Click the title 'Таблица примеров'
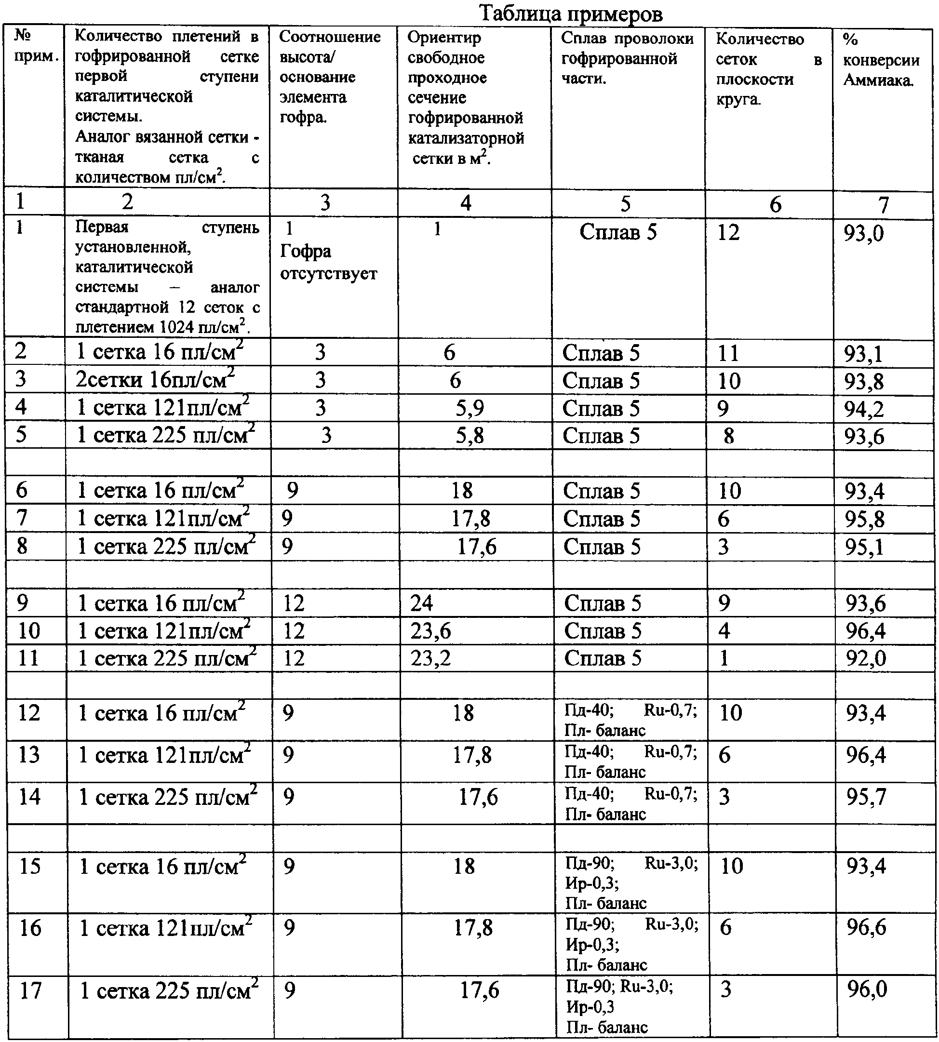point(571,13)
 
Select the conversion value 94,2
point(864,409)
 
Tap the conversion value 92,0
point(865,658)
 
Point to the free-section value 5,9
point(469,408)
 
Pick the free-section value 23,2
point(430,658)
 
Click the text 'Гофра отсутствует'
point(328,262)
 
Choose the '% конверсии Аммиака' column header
point(881,60)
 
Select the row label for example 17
point(30,990)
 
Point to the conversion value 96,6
point(866,927)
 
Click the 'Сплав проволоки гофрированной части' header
point(627,58)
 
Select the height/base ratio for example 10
point(294,630)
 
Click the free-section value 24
point(421,602)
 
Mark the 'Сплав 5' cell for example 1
point(617,232)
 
